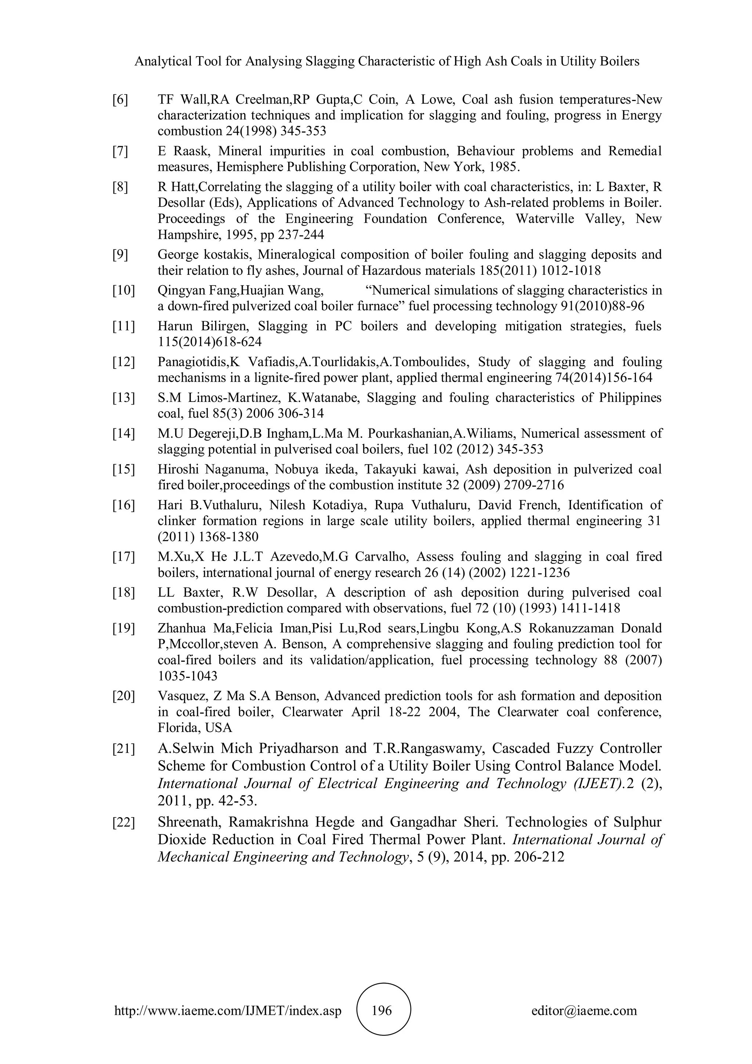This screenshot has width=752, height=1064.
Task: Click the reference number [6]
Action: coord(120,100)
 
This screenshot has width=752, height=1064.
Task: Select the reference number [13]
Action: coord(123,398)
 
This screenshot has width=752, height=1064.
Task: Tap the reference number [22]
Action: coord(123,822)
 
